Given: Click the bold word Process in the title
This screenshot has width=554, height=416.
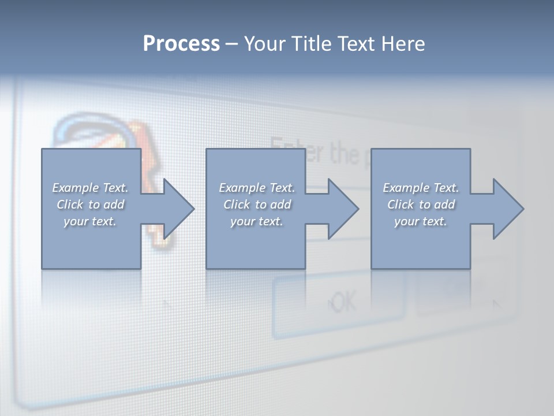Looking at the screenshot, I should click(181, 44).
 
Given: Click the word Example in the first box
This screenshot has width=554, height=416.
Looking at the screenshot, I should click(76, 188).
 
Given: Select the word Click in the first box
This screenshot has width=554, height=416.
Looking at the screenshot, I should click(69, 205).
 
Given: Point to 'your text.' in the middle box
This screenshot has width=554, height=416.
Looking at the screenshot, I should click(256, 221).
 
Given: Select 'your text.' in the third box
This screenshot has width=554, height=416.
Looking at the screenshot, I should click(420, 221).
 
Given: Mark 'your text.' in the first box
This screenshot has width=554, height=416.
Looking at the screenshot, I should click(90, 221).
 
